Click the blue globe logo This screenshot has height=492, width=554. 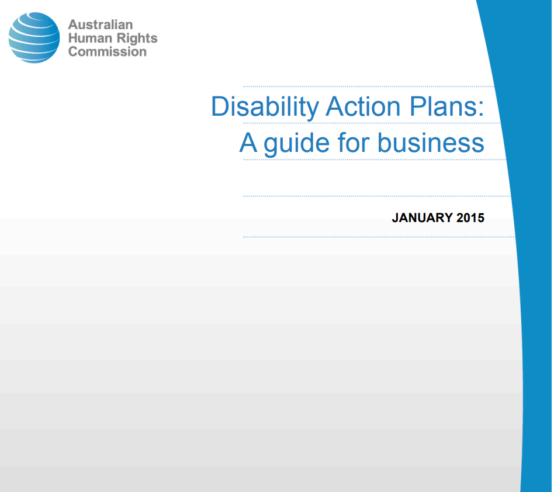(x=34, y=38)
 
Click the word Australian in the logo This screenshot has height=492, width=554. (x=101, y=25)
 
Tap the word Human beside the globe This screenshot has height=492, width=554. (x=90, y=38)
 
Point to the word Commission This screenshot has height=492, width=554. (x=108, y=51)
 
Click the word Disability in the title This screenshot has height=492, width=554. (x=265, y=107)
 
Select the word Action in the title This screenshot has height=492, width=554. (x=363, y=106)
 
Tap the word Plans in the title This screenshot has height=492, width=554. (x=442, y=106)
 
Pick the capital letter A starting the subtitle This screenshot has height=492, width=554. (x=248, y=143)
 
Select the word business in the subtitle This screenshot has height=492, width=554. (x=431, y=143)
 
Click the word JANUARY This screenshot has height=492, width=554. (x=422, y=217)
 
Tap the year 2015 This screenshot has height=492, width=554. (x=470, y=217)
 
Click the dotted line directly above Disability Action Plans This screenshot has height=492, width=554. (x=369, y=86)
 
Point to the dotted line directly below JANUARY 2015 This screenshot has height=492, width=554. (x=379, y=237)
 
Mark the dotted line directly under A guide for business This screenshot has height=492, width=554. (x=375, y=160)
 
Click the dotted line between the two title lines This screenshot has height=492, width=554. (x=372, y=123)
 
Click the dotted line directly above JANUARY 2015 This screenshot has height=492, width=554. (x=377, y=196)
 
